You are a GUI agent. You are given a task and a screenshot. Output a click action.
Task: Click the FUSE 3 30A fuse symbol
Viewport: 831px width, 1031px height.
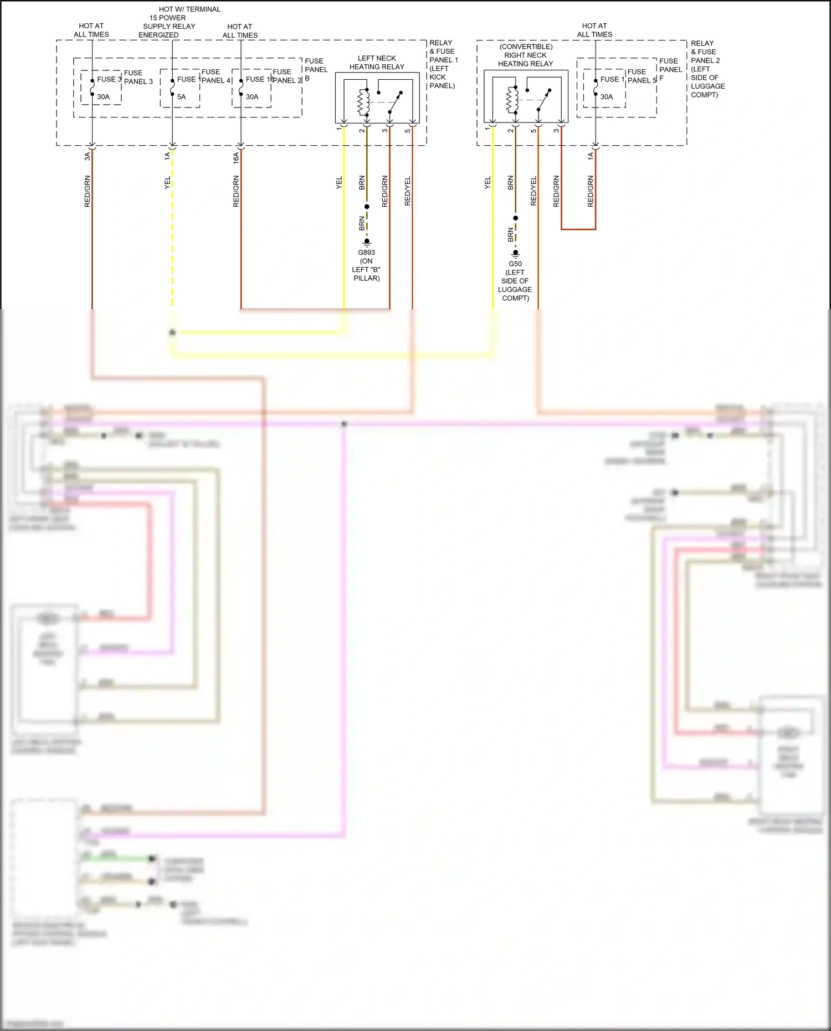92,88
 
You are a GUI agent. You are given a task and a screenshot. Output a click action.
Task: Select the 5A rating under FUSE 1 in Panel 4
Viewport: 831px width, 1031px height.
181,97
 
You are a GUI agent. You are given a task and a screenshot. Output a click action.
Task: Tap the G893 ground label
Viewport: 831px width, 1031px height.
366,253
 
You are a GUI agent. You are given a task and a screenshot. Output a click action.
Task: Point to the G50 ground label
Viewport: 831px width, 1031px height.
515,264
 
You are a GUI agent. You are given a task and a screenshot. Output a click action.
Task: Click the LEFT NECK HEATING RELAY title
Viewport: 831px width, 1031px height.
377,63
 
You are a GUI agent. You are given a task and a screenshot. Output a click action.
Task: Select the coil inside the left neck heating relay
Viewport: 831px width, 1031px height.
363,101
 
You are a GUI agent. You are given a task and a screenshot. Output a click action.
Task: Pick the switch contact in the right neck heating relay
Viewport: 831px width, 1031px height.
543,100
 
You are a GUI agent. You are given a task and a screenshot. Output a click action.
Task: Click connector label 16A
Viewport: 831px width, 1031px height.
236,157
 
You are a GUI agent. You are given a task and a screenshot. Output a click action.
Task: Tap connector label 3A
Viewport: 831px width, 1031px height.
87,157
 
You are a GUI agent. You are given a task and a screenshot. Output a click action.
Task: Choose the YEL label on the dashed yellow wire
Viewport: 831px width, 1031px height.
167,183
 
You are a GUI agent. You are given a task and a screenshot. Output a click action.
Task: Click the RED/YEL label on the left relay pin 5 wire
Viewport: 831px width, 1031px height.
408,191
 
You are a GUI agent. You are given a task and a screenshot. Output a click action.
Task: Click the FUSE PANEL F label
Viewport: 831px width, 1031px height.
670,69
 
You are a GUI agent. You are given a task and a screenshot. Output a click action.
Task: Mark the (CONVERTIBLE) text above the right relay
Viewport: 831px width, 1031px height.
526,47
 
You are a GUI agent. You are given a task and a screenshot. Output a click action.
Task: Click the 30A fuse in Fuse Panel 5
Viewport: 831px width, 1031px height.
596,88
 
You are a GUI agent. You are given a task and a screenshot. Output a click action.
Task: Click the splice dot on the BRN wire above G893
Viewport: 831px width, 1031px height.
367,207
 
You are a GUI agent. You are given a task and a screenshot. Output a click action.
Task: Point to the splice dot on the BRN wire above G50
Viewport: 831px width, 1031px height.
515,218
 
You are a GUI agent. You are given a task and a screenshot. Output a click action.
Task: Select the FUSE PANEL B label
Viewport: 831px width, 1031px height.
316,69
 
